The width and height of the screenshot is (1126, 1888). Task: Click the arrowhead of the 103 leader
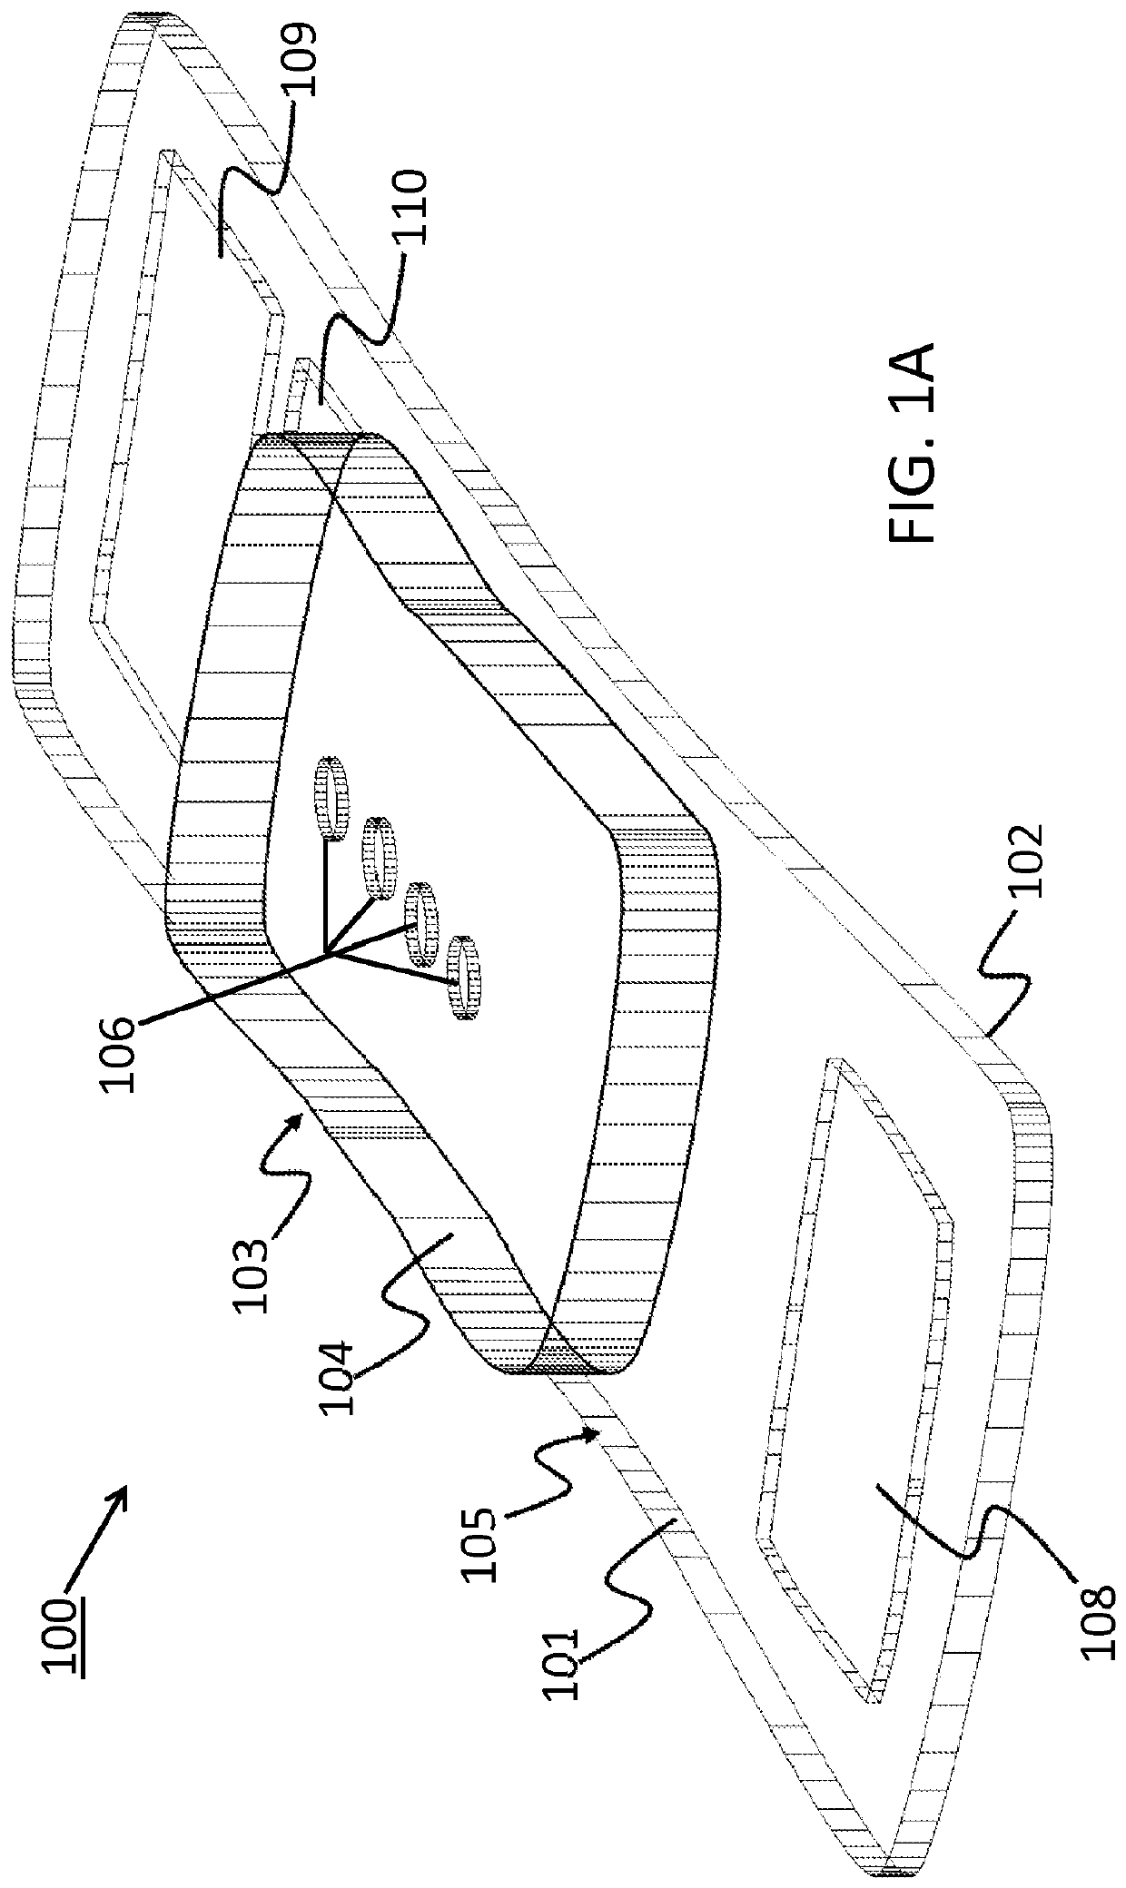click(x=299, y=1111)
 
